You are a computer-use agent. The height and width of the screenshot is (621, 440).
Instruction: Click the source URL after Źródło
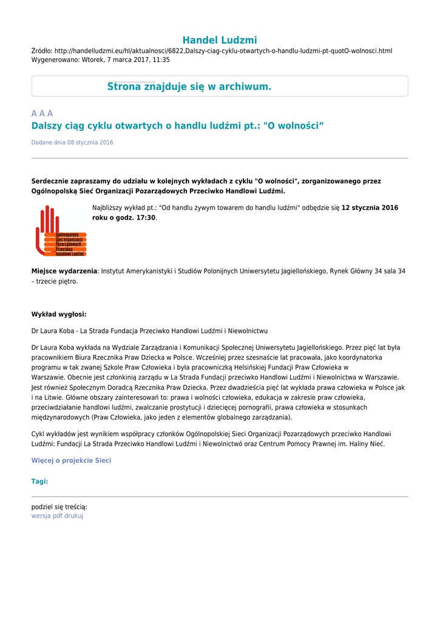point(223,50)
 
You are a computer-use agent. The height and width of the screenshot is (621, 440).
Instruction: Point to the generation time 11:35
point(161,60)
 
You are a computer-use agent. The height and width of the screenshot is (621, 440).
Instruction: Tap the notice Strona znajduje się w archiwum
point(189,87)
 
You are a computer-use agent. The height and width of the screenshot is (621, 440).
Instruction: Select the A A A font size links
point(42,113)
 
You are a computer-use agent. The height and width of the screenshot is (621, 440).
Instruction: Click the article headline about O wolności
point(178,126)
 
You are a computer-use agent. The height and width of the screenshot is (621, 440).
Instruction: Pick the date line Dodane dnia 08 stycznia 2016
point(72,143)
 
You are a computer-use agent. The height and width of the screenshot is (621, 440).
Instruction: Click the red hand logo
point(60,231)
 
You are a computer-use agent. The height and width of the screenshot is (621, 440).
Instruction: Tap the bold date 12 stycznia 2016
point(370,207)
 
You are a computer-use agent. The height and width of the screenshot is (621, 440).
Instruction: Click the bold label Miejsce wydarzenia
point(64,271)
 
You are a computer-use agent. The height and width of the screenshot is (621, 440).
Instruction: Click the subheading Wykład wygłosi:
point(59,314)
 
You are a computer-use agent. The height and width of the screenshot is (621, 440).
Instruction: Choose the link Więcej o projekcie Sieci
point(71,460)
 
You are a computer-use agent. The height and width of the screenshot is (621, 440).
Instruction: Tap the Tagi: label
point(39,482)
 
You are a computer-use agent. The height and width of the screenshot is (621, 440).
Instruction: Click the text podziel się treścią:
point(59,506)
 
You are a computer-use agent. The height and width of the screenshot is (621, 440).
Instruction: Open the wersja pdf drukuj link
point(57,516)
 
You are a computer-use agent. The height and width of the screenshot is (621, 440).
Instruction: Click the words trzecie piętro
point(57,281)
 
